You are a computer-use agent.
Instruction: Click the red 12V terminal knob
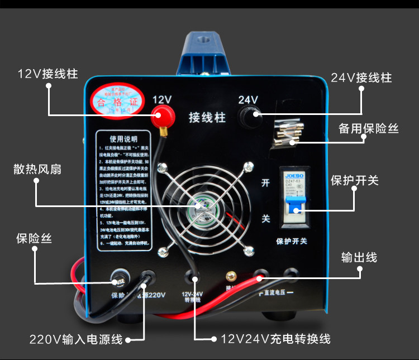[x=164, y=118]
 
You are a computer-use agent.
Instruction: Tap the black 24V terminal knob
[x=249, y=116]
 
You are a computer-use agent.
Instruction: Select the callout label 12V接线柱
[x=48, y=74]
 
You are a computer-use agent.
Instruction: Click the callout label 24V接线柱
[x=361, y=78]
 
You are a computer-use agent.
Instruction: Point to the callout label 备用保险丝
[x=368, y=128]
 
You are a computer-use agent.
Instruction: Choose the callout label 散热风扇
[x=37, y=169]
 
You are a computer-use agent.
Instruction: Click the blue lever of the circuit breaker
[x=294, y=207]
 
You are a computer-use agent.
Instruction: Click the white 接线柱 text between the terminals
[x=205, y=117]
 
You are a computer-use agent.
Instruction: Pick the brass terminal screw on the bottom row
[x=228, y=276]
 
